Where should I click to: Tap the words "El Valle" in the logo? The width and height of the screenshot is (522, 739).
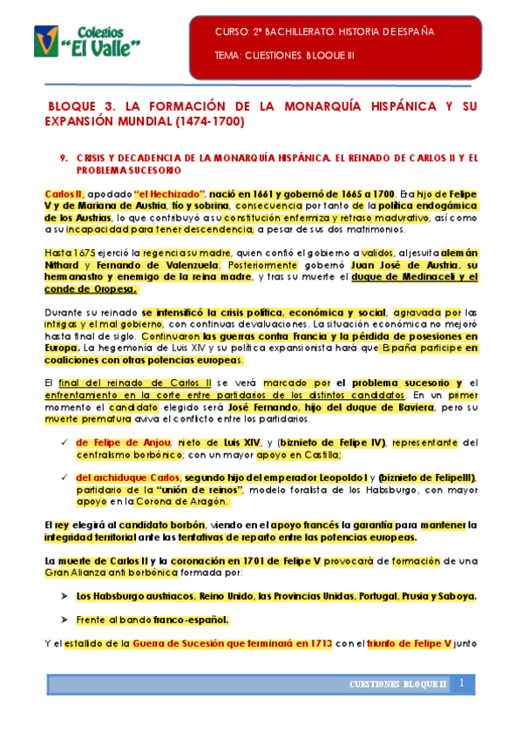click(x=105, y=44)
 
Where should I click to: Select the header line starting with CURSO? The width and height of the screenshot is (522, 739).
click(x=323, y=32)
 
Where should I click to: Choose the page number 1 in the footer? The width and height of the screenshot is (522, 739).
click(x=462, y=683)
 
